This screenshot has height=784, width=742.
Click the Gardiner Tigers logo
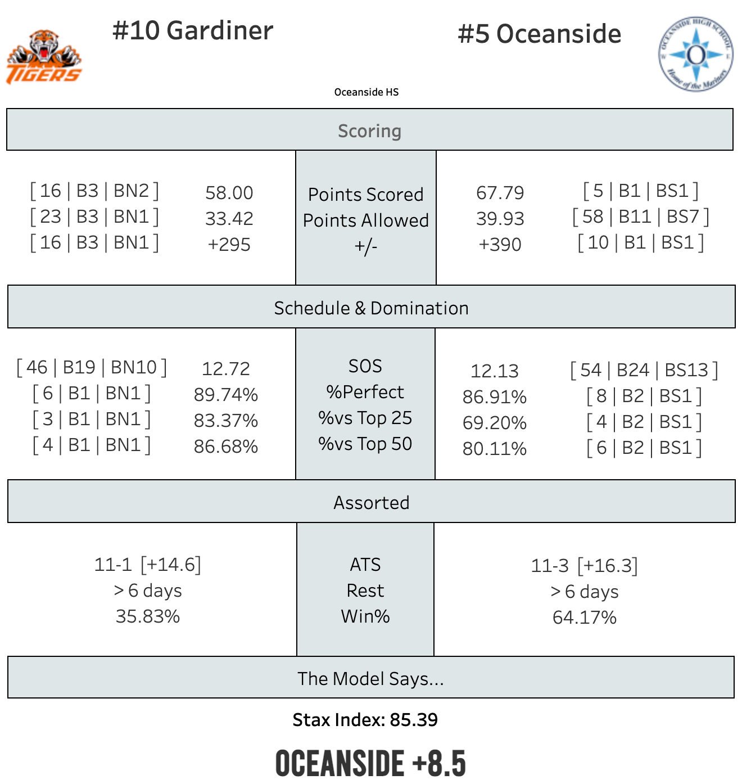(44, 57)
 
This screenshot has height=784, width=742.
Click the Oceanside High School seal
(696, 54)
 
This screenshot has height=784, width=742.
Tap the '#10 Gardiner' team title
(193, 31)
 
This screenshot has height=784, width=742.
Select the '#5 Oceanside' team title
(540, 34)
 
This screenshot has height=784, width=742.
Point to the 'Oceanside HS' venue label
(367, 92)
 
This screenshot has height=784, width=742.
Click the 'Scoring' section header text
(370, 131)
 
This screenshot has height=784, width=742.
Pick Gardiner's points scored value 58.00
(229, 193)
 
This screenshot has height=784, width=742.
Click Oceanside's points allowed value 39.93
(500, 219)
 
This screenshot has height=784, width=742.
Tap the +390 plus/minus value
(500, 245)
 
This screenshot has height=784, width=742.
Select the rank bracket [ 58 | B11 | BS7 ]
(641, 217)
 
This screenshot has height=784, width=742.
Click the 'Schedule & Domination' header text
(371, 308)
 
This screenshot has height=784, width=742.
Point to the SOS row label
(365, 366)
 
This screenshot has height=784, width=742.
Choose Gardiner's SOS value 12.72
(226, 369)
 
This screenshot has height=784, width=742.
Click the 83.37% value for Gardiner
(226, 421)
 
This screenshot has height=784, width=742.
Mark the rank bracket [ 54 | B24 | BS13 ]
(644, 371)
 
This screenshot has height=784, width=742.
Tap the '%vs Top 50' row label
(365, 444)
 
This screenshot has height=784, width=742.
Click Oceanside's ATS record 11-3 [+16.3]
(585, 566)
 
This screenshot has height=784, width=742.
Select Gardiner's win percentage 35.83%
(148, 616)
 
